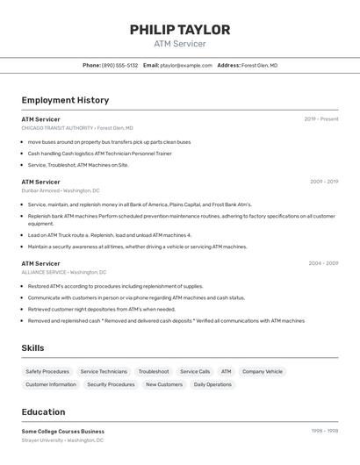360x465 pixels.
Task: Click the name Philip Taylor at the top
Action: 180,30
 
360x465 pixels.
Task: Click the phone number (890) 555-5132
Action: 119,65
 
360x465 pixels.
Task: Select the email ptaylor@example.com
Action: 186,65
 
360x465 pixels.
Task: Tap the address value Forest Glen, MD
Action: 259,65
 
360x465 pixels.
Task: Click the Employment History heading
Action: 65,100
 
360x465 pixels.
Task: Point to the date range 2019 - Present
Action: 321,119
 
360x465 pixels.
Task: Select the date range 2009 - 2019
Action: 324,182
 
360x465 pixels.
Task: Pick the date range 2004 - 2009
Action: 323,263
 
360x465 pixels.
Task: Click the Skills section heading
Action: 32,348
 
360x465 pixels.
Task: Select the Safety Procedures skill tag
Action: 47,372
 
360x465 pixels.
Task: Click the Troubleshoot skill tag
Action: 154,372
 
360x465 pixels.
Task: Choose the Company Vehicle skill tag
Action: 263,372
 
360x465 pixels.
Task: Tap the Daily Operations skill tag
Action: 212,384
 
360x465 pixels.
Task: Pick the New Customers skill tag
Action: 164,384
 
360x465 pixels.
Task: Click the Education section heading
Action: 43,411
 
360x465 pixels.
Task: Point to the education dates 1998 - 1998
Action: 324,431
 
